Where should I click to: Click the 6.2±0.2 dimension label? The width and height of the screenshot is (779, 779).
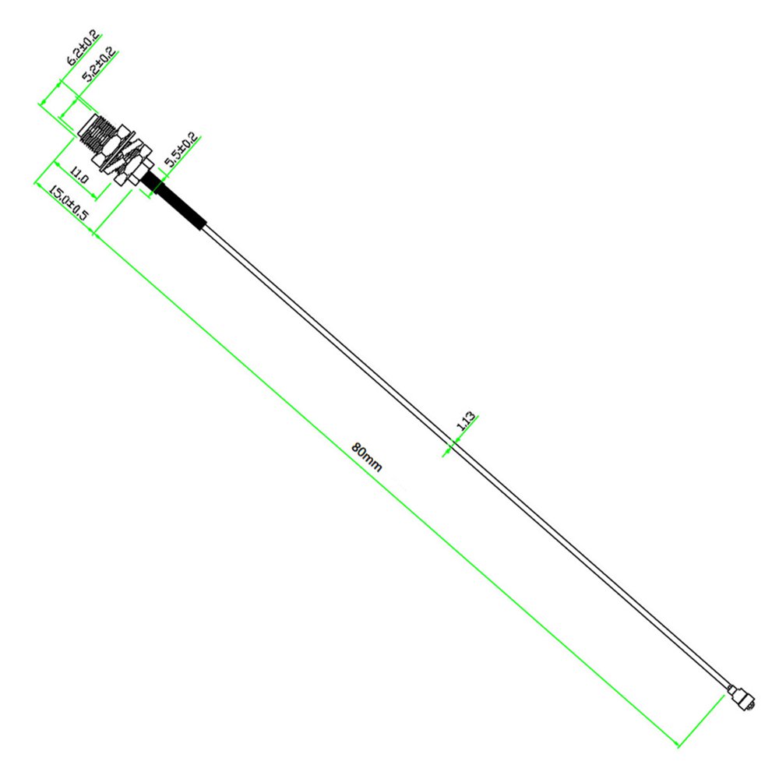click(83, 48)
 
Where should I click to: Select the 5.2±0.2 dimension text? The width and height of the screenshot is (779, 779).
click(99, 65)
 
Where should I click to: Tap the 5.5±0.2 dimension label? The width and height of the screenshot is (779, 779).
click(182, 150)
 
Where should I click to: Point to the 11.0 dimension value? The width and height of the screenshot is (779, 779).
click(79, 174)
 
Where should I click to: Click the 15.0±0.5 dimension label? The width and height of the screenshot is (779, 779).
click(69, 203)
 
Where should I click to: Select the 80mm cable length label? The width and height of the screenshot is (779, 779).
click(367, 456)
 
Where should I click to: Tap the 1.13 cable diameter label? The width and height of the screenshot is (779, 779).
click(466, 421)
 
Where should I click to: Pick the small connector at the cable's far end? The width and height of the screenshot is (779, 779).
click(742, 698)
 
